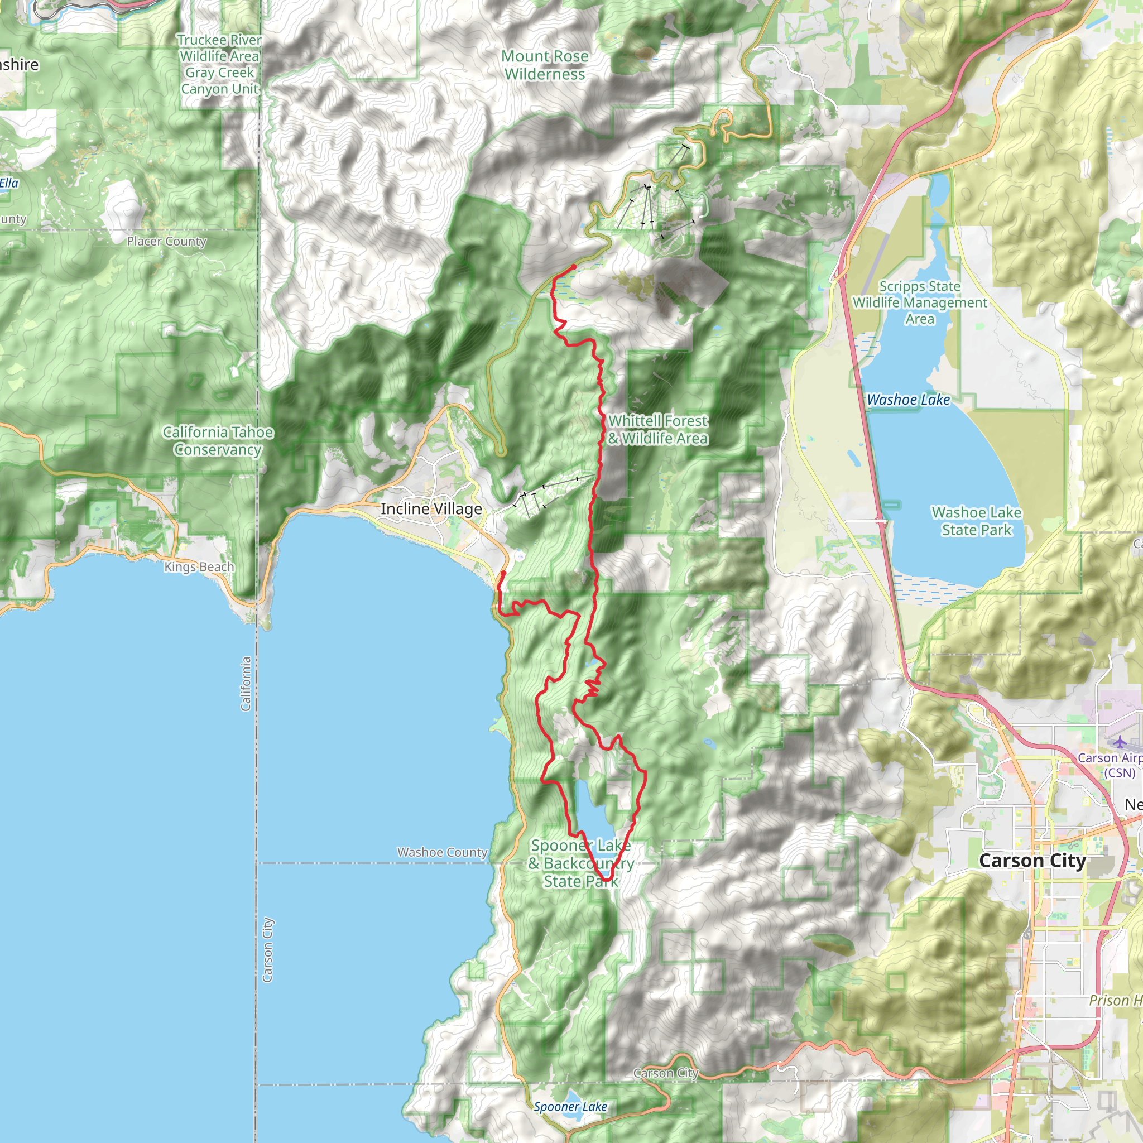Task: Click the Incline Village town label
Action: [431, 509]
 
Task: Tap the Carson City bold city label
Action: [1032, 860]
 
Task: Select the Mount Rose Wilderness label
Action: [544, 65]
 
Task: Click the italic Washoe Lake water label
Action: [908, 400]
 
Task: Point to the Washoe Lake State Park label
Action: [976, 521]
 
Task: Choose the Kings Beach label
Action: [199, 567]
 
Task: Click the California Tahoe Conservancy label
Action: [218, 441]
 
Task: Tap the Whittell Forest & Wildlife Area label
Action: [658, 430]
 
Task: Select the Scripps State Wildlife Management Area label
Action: [919, 302]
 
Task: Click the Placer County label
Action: [166, 241]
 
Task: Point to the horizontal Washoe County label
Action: [442, 853]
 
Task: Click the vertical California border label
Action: [246, 683]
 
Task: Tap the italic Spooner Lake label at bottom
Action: [570, 1107]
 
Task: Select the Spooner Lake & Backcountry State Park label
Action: [581, 864]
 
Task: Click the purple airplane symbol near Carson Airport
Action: [1120, 742]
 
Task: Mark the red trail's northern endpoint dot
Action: [573, 267]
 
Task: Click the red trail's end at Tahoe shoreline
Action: [503, 573]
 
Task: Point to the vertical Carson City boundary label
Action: [267, 949]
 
